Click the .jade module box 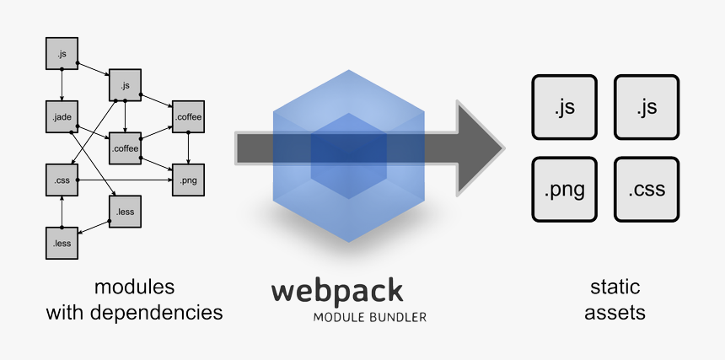coord(61,117)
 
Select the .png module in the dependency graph coord(188,180)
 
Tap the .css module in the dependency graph coord(61,180)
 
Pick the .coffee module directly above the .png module coord(188,117)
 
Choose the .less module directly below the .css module coord(61,243)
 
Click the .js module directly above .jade coord(61,54)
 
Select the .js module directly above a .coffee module coord(125,85)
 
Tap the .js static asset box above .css coord(647,107)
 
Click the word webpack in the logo coord(336,292)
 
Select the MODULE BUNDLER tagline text coord(369,318)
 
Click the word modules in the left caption coord(134,286)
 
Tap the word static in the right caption coord(615,286)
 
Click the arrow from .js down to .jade coord(61,85)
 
